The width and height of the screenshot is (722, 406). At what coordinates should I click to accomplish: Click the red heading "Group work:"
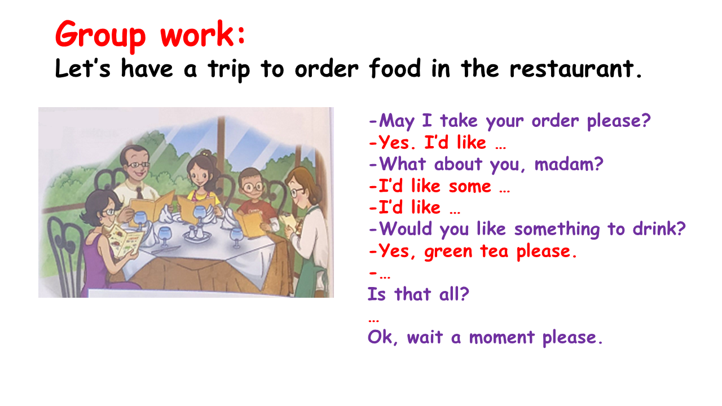[150, 35]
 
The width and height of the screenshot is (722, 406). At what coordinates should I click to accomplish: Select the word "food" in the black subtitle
[395, 68]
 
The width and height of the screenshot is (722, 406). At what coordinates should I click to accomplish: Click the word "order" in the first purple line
[555, 121]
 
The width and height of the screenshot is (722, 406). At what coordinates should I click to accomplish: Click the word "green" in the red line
[448, 251]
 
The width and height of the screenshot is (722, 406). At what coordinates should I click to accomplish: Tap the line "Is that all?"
[419, 294]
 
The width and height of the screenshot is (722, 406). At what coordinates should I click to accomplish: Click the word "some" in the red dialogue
[470, 186]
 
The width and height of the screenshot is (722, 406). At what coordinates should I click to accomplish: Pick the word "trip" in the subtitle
[229, 69]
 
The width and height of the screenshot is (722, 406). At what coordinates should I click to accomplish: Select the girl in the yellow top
[202, 183]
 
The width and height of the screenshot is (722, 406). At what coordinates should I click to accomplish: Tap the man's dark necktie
[139, 192]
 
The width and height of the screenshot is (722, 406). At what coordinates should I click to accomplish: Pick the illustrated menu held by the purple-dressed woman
[125, 241]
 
